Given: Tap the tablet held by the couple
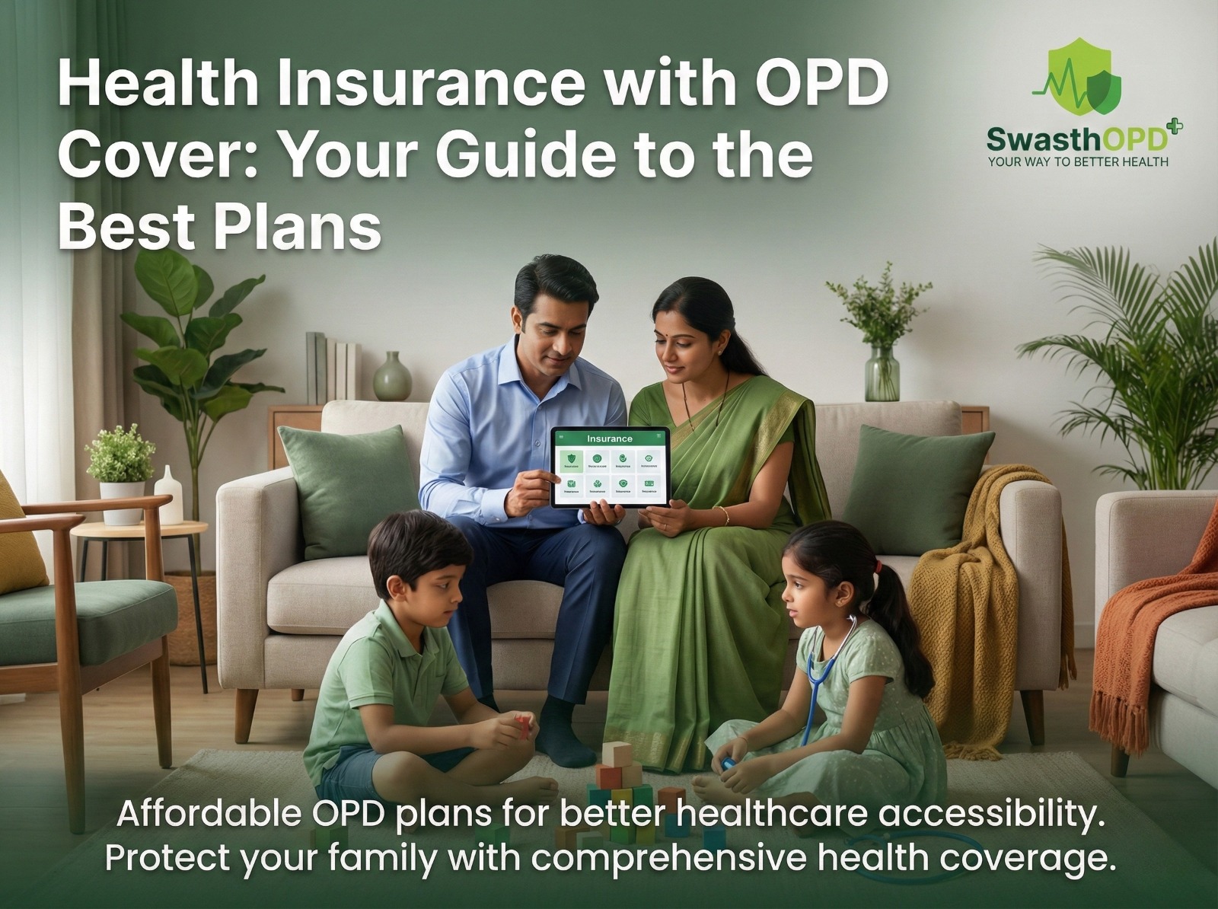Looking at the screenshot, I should click(x=610, y=467).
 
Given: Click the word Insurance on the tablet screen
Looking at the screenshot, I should click(x=609, y=439).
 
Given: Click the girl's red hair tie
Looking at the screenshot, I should click(x=878, y=566).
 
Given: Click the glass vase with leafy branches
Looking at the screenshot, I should click(x=882, y=371).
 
